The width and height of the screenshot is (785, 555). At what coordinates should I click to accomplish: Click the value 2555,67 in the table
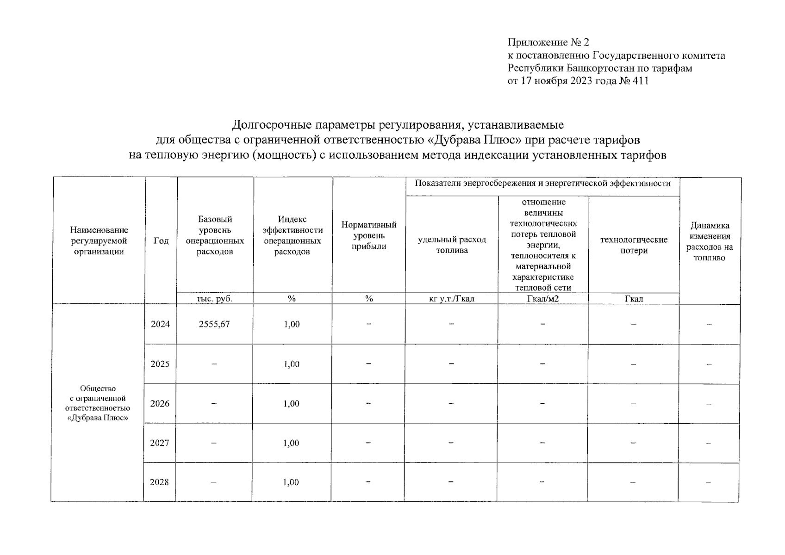214,324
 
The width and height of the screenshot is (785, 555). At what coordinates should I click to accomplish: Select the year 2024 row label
160,324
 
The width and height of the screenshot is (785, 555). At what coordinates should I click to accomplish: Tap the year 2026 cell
160,404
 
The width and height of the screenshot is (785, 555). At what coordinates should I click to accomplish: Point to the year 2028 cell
159,482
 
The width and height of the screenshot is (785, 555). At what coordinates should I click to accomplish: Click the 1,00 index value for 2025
292,364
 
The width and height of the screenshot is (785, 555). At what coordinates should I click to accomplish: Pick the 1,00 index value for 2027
291,443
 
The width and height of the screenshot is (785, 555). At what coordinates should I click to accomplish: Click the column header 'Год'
161,241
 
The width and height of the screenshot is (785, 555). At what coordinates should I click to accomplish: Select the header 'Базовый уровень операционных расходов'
215,235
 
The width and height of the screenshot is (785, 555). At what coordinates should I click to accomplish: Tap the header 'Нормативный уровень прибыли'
369,235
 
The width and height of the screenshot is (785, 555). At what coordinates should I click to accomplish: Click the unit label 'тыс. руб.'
215,299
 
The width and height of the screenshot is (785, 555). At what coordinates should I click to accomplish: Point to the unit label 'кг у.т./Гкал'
452,299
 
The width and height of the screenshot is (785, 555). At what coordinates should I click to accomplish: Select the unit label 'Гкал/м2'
543,299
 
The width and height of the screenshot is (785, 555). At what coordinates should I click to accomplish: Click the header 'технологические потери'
634,245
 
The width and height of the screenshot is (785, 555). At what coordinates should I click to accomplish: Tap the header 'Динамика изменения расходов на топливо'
710,241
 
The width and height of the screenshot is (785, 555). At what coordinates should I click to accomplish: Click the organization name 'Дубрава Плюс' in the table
98,418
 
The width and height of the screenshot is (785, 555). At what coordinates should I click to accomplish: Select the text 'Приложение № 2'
548,43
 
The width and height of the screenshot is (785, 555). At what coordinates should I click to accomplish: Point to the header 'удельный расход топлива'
452,245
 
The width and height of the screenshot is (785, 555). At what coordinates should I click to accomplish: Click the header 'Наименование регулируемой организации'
99,241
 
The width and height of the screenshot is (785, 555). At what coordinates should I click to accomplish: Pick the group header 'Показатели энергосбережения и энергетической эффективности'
542,184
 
